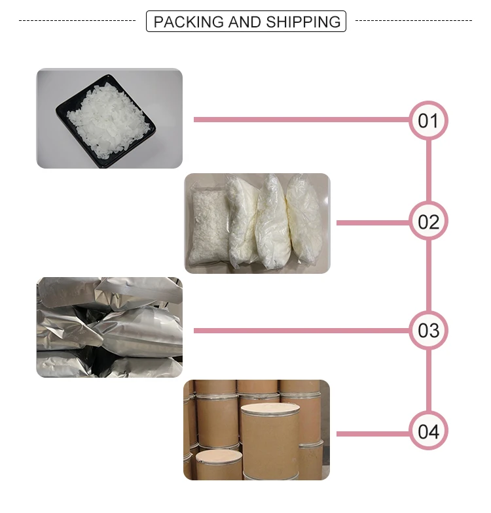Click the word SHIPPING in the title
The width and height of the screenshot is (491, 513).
(303, 22)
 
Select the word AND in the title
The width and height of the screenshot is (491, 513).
(245, 22)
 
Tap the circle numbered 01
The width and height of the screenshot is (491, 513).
(428, 120)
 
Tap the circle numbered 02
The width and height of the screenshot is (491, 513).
(428, 222)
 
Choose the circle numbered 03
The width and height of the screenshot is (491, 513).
(428, 330)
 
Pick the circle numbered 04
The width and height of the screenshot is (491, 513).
(428, 431)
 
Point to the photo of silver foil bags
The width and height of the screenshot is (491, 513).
(109, 327)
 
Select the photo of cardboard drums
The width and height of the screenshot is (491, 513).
(257, 430)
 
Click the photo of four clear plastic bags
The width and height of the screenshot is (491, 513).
(257, 223)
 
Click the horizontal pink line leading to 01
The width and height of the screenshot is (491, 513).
(301, 120)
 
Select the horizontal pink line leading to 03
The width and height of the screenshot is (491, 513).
(301, 331)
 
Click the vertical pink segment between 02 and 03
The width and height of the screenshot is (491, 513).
(429, 276)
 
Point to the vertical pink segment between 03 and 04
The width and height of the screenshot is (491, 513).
(429, 380)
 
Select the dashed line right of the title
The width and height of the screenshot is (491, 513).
(413, 21)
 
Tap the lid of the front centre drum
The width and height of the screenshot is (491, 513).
(270, 410)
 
